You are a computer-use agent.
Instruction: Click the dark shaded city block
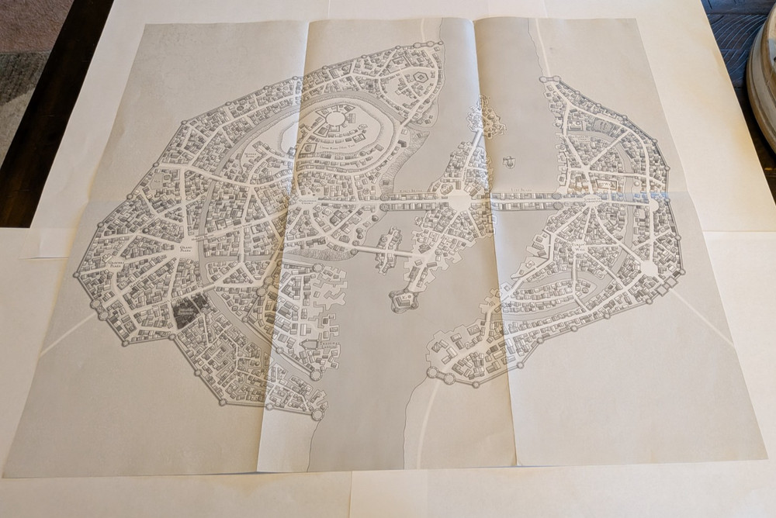coord(188,312)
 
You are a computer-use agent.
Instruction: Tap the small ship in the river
coord(509,162)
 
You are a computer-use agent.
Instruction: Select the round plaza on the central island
coord(459,200)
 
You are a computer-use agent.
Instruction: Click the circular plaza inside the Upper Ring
coord(334,119)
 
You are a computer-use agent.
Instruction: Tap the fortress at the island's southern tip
coord(403,300)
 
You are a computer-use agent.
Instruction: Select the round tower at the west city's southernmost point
coord(317,415)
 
